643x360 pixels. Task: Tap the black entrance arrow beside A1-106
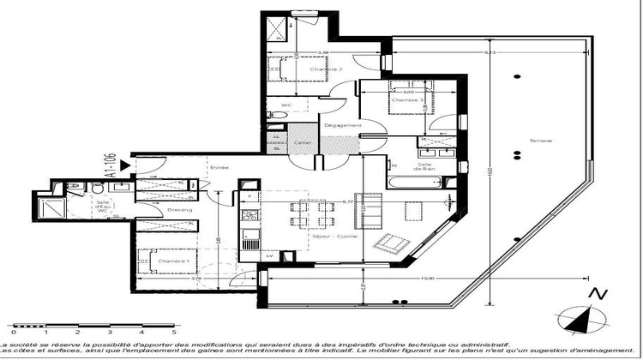coord(126,161)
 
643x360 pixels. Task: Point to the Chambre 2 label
coord(303,69)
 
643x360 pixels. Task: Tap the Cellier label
coord(302,142)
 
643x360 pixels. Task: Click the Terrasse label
coord(540,141)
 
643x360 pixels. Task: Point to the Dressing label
coord(180,209)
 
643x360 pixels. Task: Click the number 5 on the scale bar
coord(174,330)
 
